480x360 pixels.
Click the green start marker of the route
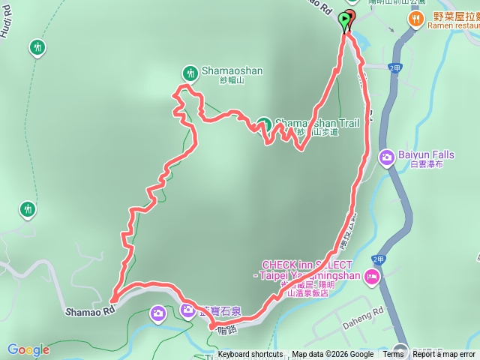point(345,21)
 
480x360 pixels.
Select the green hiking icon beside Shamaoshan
point(188,72)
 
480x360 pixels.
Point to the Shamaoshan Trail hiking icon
point(263,124)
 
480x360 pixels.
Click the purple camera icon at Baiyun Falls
point(386,157)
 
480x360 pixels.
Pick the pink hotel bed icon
point(371,278)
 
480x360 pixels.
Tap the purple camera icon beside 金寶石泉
point(188,308)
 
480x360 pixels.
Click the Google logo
point(28,349)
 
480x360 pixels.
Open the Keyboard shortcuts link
point(250,355)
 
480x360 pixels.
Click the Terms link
point(393,355)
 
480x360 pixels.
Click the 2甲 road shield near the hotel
point(377,259)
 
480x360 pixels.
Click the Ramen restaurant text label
point(452,25)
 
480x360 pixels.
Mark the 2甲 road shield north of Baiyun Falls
point(396,67)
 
